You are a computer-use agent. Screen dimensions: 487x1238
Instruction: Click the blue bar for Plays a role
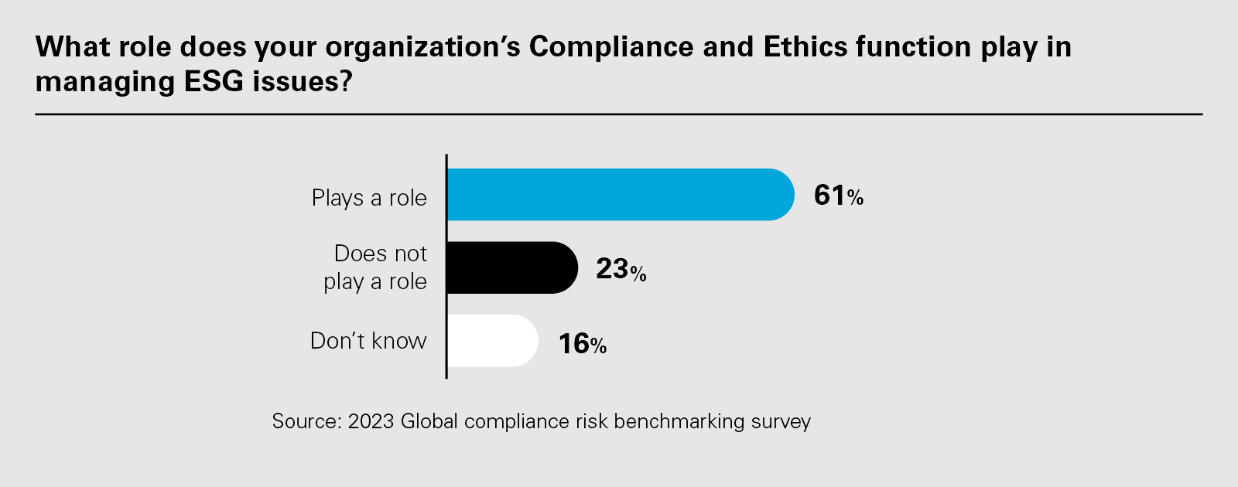pyautogui.click(x=619, y=195)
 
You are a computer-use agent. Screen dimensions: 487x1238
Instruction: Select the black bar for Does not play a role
pyautogui.click(x=511, y=267)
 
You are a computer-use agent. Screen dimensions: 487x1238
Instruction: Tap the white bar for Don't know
pyautogui.click(x=491, y=340)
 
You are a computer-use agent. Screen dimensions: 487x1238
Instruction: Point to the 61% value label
pyautogui.click(x=838, y=196)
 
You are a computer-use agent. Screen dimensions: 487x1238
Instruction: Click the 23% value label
pyautogui.click(x=621, y=269)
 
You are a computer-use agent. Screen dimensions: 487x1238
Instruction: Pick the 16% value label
pyautogui.click(x=582, y=343)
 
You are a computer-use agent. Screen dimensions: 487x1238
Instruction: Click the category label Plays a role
pyautogui.click(x=369, y=198)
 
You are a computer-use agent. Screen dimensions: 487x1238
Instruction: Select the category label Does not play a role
pyautogui.click(x=376, y=267)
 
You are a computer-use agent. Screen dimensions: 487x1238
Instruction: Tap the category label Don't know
pyautogui.click(x=368, y=341)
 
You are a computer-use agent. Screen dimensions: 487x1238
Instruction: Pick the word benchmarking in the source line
pyautogui.click(x=679, y=421)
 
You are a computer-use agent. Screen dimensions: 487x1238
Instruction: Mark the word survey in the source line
pyautogui.click(x=781, y=422)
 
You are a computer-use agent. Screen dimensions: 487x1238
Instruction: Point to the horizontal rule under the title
pyautogui.click(x=619, y=114)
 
